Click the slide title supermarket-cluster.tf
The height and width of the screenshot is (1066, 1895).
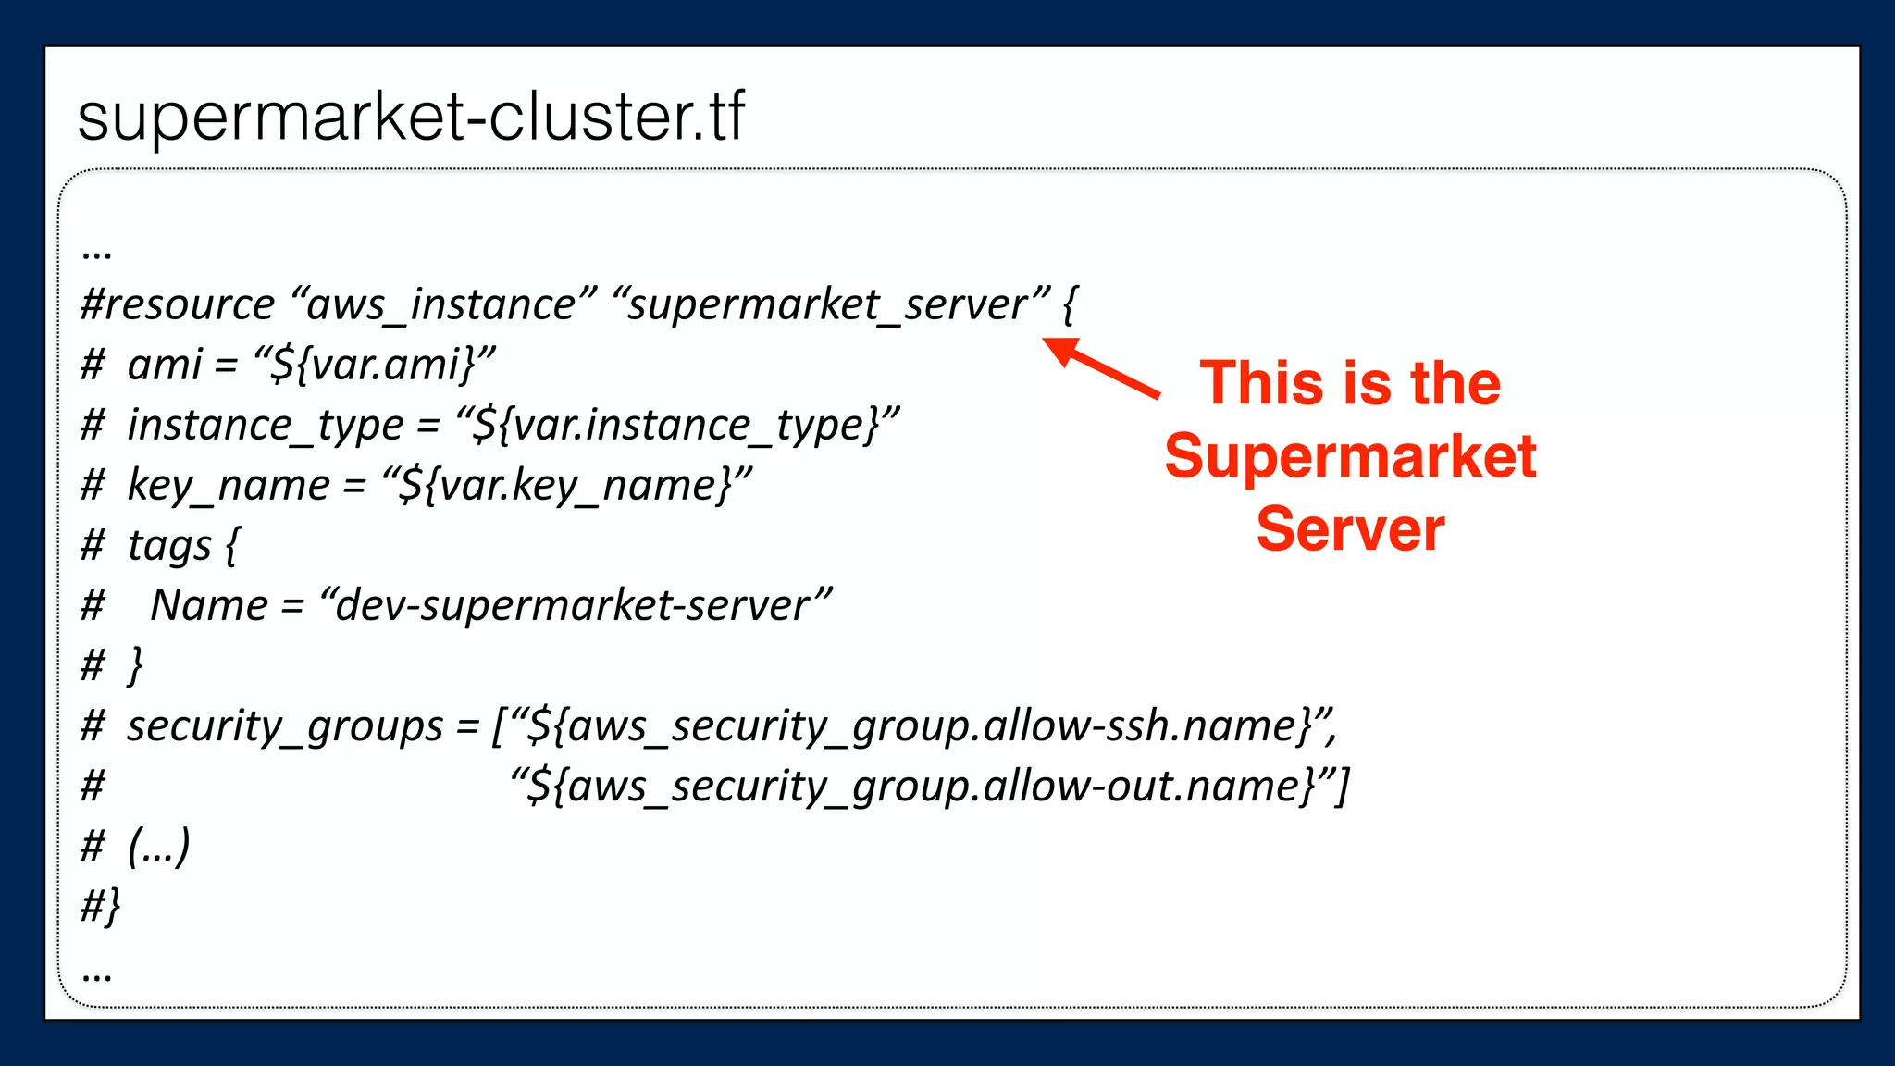411,118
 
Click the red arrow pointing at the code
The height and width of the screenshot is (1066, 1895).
1101,367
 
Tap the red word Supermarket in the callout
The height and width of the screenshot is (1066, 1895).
1350,457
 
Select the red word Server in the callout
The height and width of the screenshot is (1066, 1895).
1350,529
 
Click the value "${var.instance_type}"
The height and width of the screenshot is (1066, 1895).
676,426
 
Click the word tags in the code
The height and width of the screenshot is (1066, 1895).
169,546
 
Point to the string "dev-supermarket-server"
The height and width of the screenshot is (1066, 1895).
575,606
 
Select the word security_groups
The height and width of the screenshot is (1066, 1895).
285,726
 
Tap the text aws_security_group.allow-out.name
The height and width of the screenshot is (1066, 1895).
935,787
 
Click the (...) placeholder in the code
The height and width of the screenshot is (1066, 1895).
158,846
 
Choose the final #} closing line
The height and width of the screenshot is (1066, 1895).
100,906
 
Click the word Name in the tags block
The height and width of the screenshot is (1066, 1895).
209,606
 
